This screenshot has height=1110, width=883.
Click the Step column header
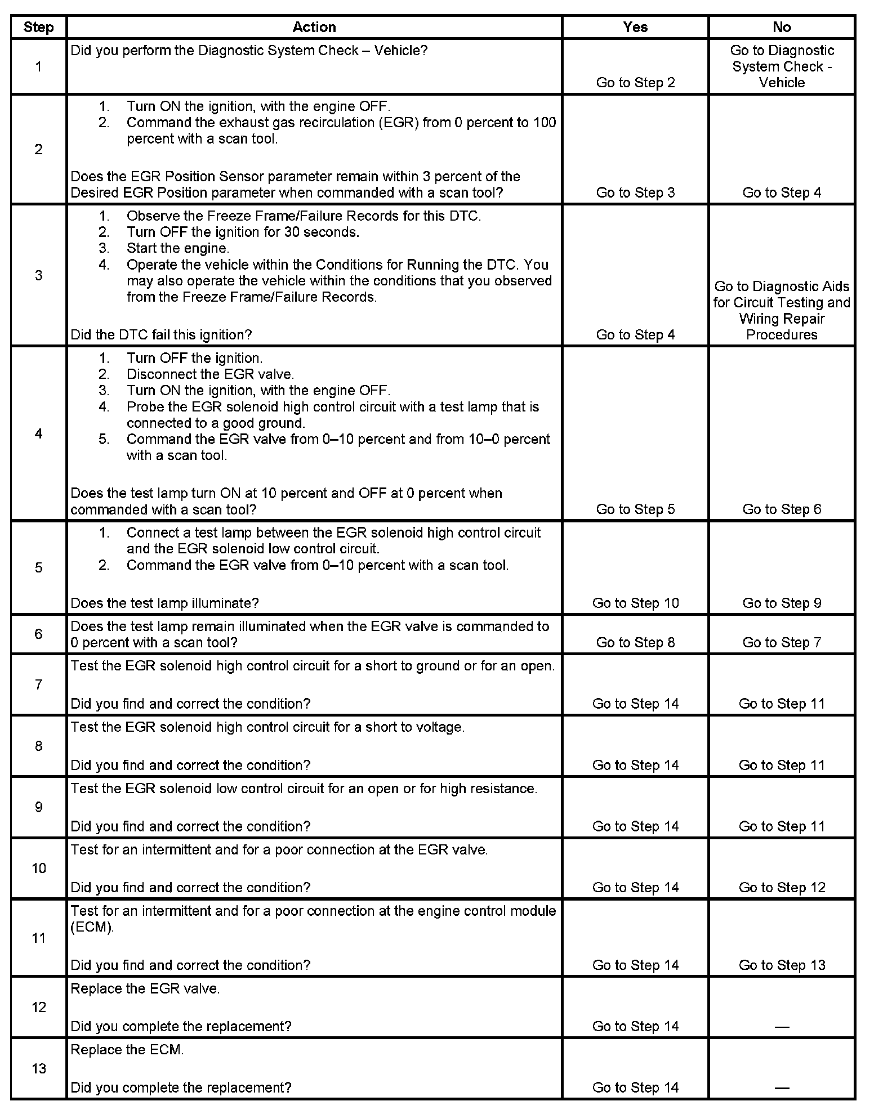click(38, 27)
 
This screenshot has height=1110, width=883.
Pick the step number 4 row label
click(38, 433)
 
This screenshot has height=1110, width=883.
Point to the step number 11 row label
click(38, 938)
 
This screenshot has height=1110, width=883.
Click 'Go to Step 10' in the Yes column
click(635, 603)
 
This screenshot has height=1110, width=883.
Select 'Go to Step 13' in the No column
click(782, 965)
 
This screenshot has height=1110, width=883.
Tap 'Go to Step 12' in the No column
click(782, 887)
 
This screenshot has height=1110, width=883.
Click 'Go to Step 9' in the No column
click(782, 603)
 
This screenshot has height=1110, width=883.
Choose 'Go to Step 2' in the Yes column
click(635, 82)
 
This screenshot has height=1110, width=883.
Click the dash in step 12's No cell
click(782, 1027)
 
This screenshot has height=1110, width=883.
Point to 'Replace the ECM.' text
click(127, 1050)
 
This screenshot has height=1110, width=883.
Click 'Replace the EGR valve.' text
click(145, 988)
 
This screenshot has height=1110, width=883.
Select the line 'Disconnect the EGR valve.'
click(210, 374)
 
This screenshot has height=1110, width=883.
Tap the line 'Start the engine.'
click(177, 248)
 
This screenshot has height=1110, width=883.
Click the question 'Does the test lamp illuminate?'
click(164, 603)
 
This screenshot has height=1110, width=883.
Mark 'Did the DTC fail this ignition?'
click(161, 334)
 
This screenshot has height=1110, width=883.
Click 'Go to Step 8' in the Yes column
click(635, 642)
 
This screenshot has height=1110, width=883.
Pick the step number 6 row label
click(38, 634)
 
